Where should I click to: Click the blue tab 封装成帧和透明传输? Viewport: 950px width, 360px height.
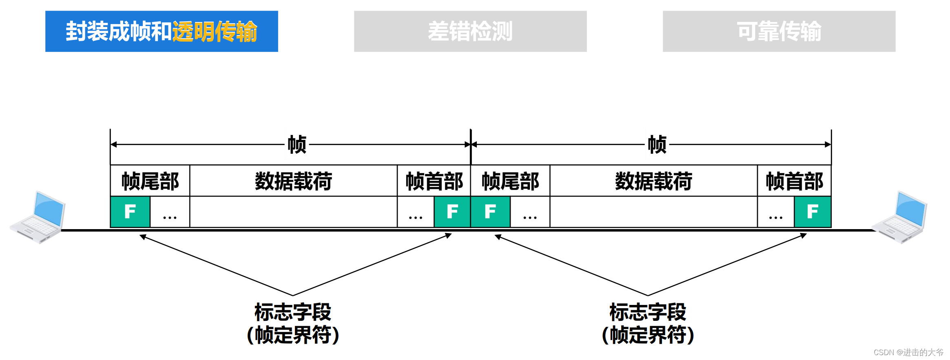[162, 31]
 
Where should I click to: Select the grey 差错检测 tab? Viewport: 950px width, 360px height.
[470, 31]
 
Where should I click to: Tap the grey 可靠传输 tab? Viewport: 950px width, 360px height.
[779, 31]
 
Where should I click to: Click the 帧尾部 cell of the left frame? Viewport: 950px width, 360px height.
[150, 181]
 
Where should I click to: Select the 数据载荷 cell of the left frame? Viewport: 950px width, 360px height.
[293, 181]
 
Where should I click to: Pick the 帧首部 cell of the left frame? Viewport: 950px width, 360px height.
[434, 181]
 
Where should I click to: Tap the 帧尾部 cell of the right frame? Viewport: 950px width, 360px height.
[510, 181]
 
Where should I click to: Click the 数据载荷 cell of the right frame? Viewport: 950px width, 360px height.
[653, 181]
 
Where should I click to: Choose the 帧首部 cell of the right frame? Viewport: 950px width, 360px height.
[794, 181]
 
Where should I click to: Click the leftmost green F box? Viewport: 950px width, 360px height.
[130, 212]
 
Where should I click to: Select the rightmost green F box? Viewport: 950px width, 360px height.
[813, 212]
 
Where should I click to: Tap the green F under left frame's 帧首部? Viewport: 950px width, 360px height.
[452, 212]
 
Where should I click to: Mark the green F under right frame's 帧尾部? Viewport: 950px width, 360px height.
[490, 212]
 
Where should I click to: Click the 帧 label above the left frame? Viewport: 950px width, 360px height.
[297, 145]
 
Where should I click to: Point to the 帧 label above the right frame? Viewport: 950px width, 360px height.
[657, 145]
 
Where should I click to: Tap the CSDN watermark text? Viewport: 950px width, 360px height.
[908, 352]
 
